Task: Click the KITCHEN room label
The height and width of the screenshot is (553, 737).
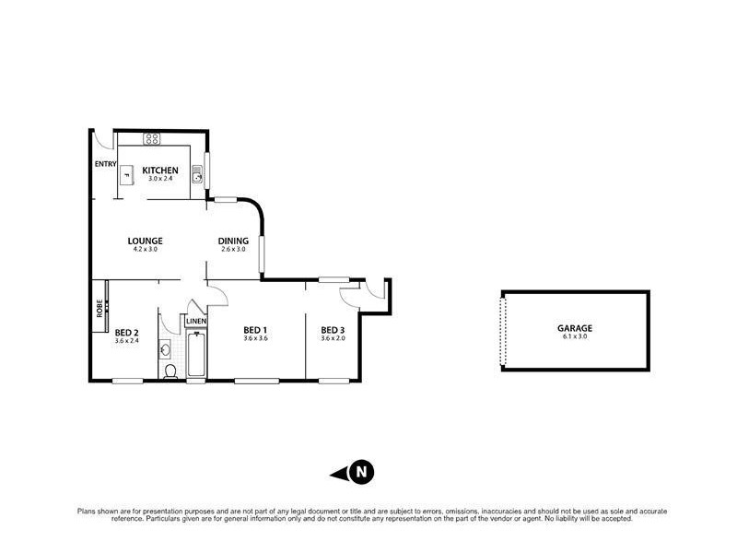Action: tap(159, 169)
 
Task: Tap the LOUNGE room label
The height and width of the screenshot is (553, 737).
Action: tap(146, 241)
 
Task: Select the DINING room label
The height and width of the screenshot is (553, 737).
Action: tap(233, 241)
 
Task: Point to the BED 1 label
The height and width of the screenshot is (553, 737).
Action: tap(255, 330)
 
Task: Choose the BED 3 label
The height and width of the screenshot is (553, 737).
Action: tap(333, 330)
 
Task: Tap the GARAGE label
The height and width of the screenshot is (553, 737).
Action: tap(574, 327)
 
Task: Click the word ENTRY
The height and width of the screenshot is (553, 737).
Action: tap(105, 164)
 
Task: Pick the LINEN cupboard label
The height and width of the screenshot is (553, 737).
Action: tap(196, 321)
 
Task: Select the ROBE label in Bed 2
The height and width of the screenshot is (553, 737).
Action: tap(99, 307)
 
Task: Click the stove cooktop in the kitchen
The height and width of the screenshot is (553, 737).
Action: tap(152, 139)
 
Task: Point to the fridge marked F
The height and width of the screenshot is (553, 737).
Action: tap(128, 175)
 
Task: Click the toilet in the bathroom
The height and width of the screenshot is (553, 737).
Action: tap(170, 371)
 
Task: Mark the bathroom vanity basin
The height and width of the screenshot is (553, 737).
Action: tap(165, 349)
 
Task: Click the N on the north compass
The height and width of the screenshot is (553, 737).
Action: tap(362, 472)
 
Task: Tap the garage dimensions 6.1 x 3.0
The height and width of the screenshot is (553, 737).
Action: tap(574, 337)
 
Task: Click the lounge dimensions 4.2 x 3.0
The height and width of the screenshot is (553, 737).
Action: tap(146, 250)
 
